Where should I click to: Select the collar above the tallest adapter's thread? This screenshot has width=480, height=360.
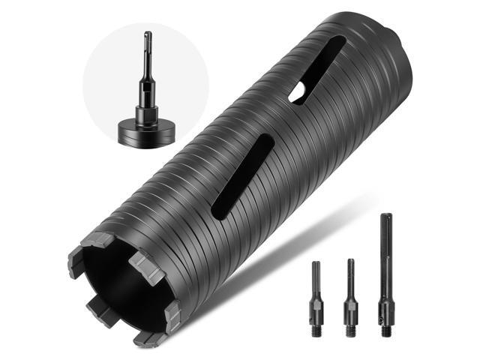(x=386, y=306)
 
